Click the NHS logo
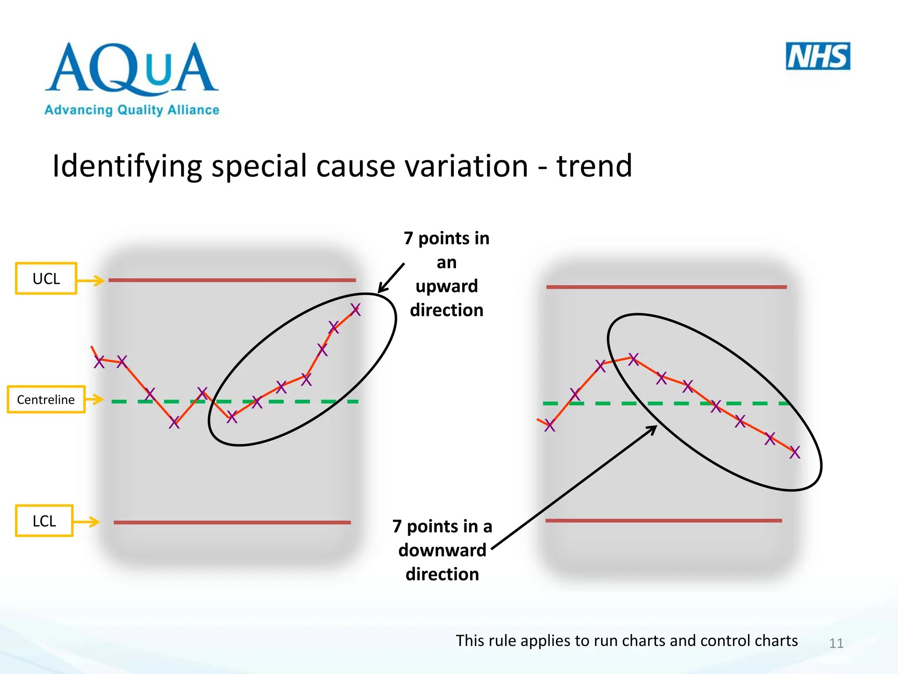click(x=818, y=56)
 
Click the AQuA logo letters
click(x=132, y=68)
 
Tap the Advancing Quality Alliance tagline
click(x=132, y=110)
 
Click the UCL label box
click(x=46, y=278)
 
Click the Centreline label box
click(x=46, y=399)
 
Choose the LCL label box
click(x=44, y=521)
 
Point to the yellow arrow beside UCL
click(x=91, y=280)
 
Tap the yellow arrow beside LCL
click(x=87, y=521)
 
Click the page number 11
click(x=836, y=643)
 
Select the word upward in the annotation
click(x=446, y=286)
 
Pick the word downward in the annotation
click(x=442, y=550)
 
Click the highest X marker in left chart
click(x=355, y=310)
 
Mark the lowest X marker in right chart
click(x=795, y=452)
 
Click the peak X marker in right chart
click(x=633, y=359)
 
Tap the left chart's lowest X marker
click(x=174, y=422)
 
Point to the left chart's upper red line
click(x=232, y=280)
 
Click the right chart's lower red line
click(x=663, y=520)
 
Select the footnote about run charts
click(x=627, y=641)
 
